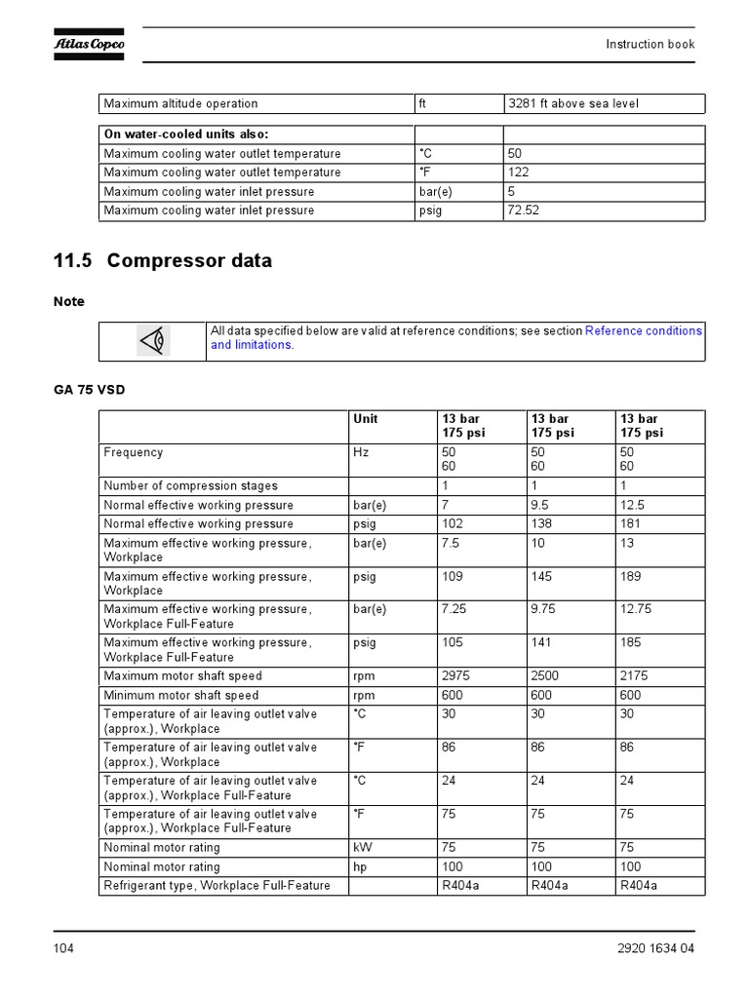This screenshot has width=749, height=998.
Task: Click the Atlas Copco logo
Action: (89, 44)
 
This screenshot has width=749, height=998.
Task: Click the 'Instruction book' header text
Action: (650, 44)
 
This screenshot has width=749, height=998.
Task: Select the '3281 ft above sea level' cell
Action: (572, 103)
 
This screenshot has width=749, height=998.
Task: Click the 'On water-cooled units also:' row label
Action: (185, 134)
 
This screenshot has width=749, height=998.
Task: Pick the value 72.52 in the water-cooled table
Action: (523, 211)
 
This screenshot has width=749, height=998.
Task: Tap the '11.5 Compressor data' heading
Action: (163, 261)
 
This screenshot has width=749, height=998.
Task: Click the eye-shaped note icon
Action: (153, 341)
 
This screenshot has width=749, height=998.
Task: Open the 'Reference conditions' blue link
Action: (643, 331)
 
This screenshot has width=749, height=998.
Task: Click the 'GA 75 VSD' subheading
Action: (89, 390)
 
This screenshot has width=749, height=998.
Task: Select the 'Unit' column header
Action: (365, 419)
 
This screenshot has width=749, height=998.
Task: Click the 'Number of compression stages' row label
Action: (190, 485)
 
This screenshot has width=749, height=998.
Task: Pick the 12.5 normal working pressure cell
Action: (633, 505)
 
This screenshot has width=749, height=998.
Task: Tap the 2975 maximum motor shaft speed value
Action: (455, 675)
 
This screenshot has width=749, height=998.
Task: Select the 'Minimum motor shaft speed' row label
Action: (181, 695)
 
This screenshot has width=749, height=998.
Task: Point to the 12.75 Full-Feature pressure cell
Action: (636, 609)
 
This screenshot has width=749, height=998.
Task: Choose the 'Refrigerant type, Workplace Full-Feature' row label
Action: (217, 885)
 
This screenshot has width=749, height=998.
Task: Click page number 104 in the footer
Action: (63, 949)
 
